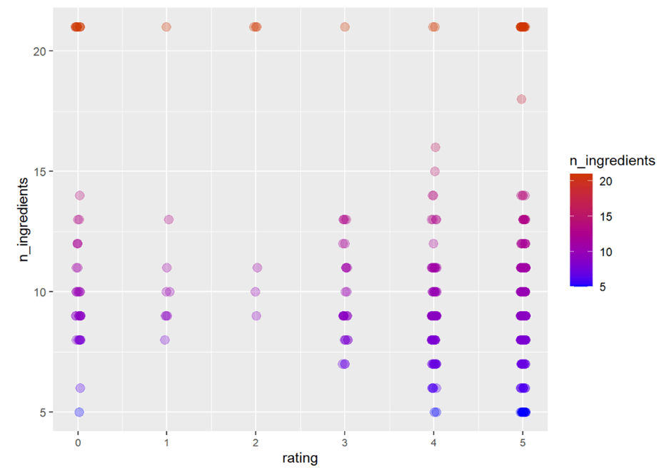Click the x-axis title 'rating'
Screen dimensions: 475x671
(x=300, y=457)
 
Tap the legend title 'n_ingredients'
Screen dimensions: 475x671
(x=615, y=161)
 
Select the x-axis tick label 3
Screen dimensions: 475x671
(x=345, y=434)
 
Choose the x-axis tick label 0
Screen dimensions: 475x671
(x=77, y=434)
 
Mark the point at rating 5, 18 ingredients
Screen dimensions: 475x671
(x=521, y=99)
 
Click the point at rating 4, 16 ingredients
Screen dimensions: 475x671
(x=435, y=148)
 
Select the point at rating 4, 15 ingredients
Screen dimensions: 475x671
(x=435, y=171)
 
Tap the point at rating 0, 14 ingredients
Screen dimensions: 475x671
(x=80, y=195)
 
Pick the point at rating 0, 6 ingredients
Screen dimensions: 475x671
(x=80, y=388)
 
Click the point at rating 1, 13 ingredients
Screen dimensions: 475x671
(x=168, y=220)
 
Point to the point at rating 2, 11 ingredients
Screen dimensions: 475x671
(x=257, y=268)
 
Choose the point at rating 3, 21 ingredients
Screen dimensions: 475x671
(x=345, y=27)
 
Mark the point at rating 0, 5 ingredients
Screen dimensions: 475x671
(x=79, y=412)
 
